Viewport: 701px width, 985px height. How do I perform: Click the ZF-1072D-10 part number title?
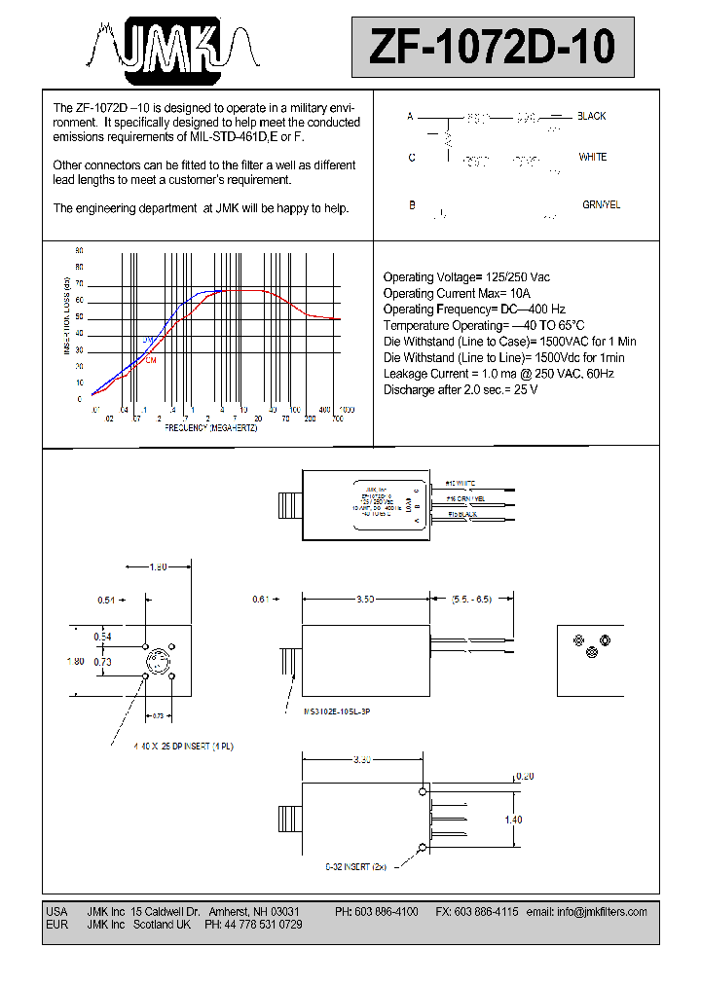[x=492, y=46]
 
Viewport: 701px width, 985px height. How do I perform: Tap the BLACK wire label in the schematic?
[x=591, y=116]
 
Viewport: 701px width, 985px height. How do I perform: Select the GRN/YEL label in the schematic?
[x=601, y=205]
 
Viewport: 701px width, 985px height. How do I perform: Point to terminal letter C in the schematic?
[x=412, y=158]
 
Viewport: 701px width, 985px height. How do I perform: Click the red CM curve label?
[x=151, y=360]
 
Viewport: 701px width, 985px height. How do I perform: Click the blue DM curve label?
[x=149, y=339]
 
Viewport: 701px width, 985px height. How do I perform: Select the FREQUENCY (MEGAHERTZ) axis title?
[x=210, y=428]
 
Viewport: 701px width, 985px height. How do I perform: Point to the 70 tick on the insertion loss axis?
[x=79, y=284]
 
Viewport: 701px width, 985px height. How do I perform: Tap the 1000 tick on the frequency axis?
[x=346, y=410]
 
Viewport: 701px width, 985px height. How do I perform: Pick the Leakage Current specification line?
[x=498, y=373]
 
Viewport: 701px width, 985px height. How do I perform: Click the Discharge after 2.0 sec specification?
[x=460, y=389]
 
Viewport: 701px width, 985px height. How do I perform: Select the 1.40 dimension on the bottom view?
[x=512, y=820]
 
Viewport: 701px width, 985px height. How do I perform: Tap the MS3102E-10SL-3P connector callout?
[x=337, y=712]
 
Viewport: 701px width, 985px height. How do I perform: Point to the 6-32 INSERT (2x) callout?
[x=355, y=865]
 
